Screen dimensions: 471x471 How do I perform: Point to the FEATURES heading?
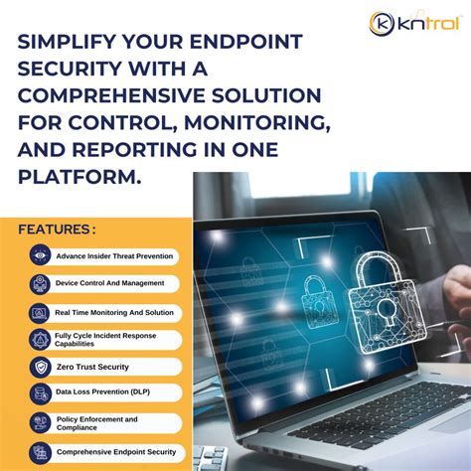(x=57, y=230)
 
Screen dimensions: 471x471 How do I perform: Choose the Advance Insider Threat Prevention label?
(x=114, y=255)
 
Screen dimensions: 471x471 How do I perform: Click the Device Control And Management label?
(x=108, y=283)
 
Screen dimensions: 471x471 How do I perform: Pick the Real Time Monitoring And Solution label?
(x=114, y=312)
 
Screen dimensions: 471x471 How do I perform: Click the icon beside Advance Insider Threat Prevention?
(x=40, y=255)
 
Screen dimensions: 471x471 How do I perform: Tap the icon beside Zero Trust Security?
(x=40, y=367)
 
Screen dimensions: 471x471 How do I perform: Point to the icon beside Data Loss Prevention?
(x=40, y=394)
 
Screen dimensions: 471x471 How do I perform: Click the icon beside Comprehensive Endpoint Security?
(x=40, y=453)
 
